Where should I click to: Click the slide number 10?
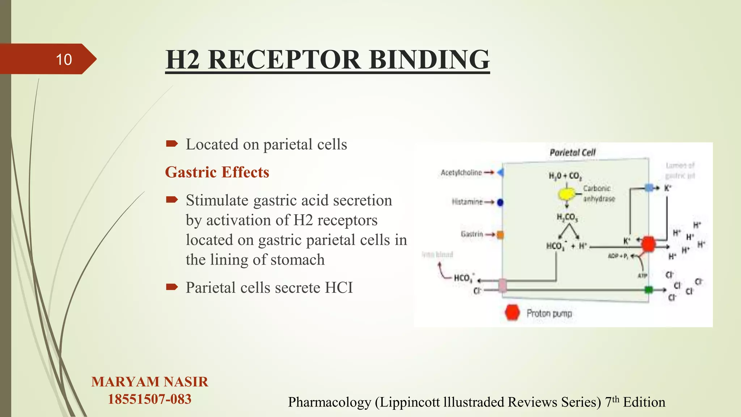point(64,60)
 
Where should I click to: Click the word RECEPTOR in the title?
point(284,60)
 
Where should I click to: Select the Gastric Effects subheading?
point(217,172)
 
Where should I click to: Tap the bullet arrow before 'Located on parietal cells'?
point(172,144)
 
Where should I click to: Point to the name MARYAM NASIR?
point(149,382)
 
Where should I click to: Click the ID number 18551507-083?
point(149,399)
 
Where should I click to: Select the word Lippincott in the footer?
point(410,402)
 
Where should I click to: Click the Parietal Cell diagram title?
point(572,152)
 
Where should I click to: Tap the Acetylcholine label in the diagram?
point(461,173)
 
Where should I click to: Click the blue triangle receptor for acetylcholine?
point(500,173)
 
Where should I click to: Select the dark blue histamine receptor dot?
point(500,202)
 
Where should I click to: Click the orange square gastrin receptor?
point(500,235)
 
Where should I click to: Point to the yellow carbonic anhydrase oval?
point(566,194)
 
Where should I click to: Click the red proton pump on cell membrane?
point(648,244)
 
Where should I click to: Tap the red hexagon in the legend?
point(512,313)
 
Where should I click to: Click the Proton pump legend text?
point(549,313)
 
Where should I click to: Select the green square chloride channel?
point(649,290)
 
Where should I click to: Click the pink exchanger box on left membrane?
point(503,285)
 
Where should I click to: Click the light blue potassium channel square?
point(649,188)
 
